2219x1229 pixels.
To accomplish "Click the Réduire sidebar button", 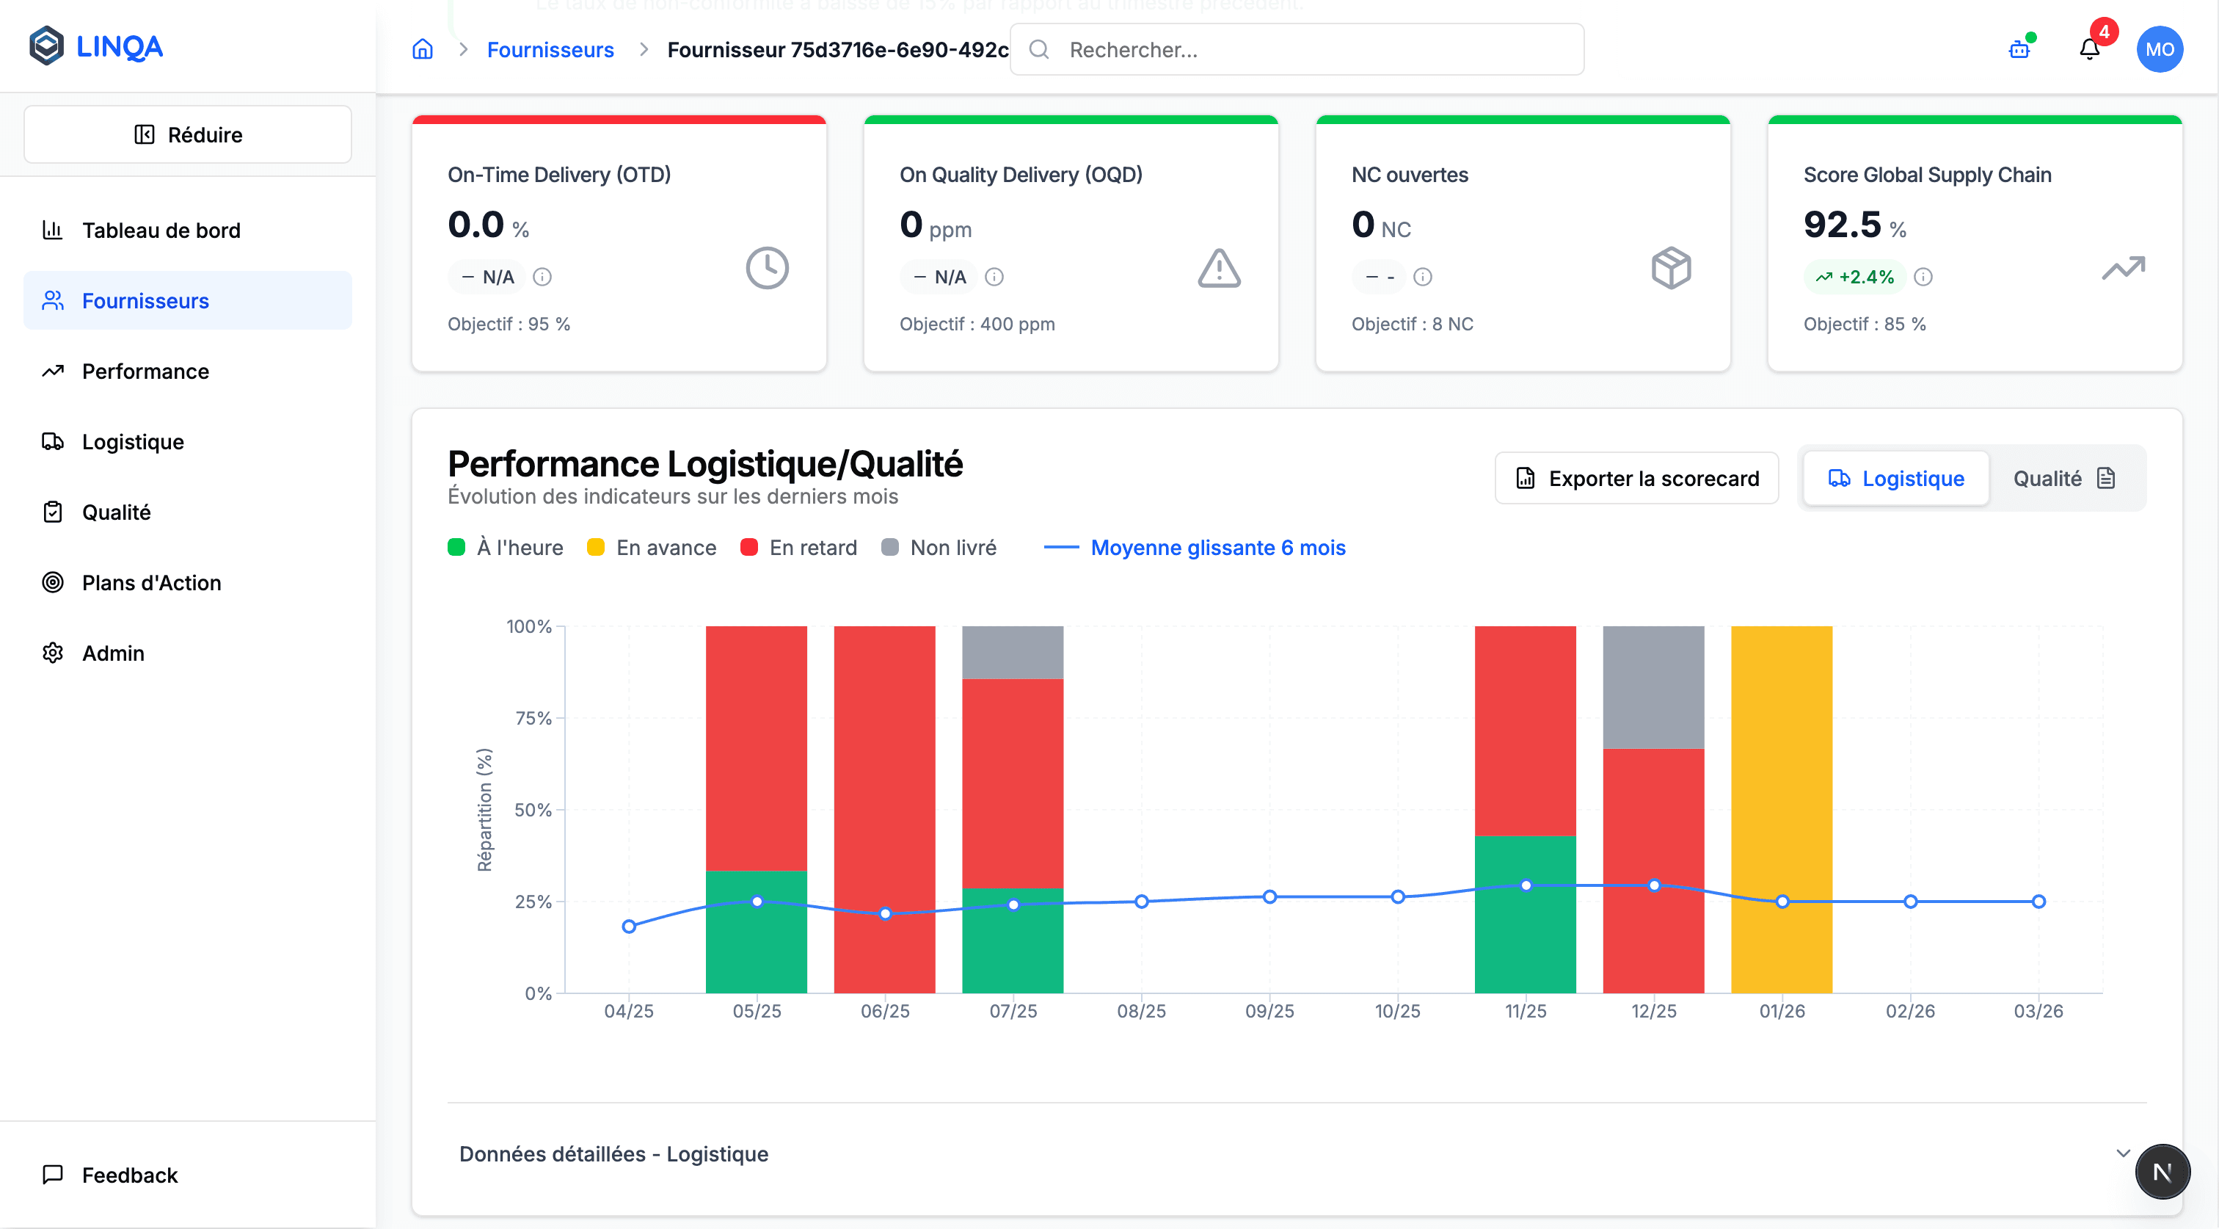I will pos(188,134).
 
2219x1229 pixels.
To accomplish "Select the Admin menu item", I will pos(113,653).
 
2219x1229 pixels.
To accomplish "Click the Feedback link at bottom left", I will pos(129,1175).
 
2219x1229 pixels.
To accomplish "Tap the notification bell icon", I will pos(2089,49).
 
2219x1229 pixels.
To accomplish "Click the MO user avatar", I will pos(2159,49).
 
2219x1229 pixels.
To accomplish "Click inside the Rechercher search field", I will pos(1309,50).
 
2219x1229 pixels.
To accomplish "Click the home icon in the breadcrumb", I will pos(422,49).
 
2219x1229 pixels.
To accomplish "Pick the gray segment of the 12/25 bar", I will pos(1653,687).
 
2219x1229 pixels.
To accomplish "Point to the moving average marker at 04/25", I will pos(629,927).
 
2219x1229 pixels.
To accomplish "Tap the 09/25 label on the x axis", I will pos(1269,1011).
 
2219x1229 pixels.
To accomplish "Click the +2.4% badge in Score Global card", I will pos(1854,277).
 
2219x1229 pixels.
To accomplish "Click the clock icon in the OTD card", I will pos(767,268).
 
